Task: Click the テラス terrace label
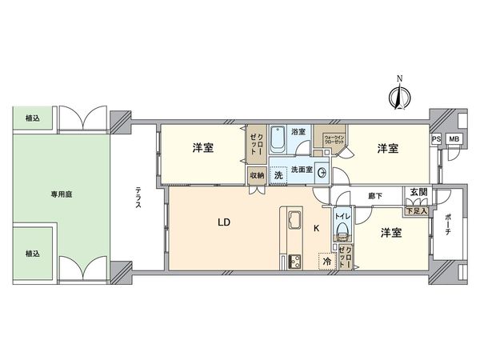138,198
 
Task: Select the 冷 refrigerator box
326,261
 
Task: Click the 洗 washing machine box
278,174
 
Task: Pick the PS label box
436,139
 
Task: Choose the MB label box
454,139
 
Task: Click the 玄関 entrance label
418,192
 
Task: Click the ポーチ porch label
448,226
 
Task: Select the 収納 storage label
256,175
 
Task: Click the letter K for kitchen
316,229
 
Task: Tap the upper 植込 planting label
33,118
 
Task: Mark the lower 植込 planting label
33,254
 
